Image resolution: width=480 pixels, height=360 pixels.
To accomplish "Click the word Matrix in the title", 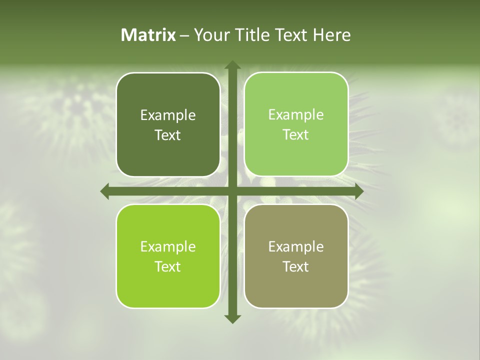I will pos(148,35).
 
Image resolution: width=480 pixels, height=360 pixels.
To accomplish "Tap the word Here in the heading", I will pos(332,35).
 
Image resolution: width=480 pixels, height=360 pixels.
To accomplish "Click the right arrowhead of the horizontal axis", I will pos(359,191).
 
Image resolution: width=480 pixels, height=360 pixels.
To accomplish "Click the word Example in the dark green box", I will pos(168,115).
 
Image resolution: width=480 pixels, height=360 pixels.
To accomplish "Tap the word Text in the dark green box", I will pos(168,135).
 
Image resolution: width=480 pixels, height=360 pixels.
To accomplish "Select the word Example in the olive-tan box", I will pos(296,246).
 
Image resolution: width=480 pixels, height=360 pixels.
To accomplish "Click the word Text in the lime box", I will pos(168,266).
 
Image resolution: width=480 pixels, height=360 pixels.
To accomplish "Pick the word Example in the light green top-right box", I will pos(296,115).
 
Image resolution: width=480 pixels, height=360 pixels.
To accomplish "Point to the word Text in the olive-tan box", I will pos(296,266).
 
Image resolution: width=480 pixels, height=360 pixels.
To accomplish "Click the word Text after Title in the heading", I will pos(292,35).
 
